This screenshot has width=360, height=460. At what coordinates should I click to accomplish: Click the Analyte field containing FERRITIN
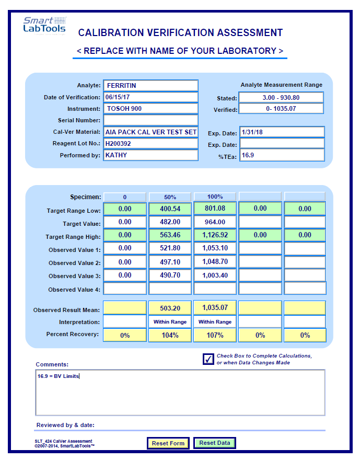click(x=150, y=85)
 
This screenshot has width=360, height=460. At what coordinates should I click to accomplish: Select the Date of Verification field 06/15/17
click(x=150, y=97)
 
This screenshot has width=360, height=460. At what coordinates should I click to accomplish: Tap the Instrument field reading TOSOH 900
click(x=150, y=109)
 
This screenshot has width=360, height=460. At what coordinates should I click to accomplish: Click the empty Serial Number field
click(x=150, y=120)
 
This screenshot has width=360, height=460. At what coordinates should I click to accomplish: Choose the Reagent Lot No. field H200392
click(x=150, y=143)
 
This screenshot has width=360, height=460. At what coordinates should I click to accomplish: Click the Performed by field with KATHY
click(x=150, y=155)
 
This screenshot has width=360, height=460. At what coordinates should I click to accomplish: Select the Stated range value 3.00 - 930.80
click(x=281, y=98)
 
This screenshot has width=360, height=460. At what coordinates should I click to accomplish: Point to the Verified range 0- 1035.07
click(x=281, y=109)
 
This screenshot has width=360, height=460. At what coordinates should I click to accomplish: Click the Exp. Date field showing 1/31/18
click(x=282, y=132)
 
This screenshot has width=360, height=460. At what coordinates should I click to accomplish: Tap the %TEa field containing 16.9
click(x=282, y=155)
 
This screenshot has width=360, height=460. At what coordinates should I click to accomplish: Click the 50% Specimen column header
click(x=170, y=197)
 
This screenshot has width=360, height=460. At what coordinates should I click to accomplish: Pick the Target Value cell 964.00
click(x=215, y=222)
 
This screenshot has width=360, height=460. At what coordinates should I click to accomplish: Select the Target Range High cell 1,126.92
click(x=215, y=235)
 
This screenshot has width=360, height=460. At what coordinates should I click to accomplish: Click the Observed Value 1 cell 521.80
click(x=170, y=248)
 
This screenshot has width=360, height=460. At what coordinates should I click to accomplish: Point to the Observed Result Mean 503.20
click(x=170, y=308)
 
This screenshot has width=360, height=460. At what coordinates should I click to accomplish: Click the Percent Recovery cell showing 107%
click(x=215, y=335)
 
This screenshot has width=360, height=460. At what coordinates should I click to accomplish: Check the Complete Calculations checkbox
click(x=208, y=359)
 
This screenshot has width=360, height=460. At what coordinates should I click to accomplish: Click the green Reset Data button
click(x=215, y=443)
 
